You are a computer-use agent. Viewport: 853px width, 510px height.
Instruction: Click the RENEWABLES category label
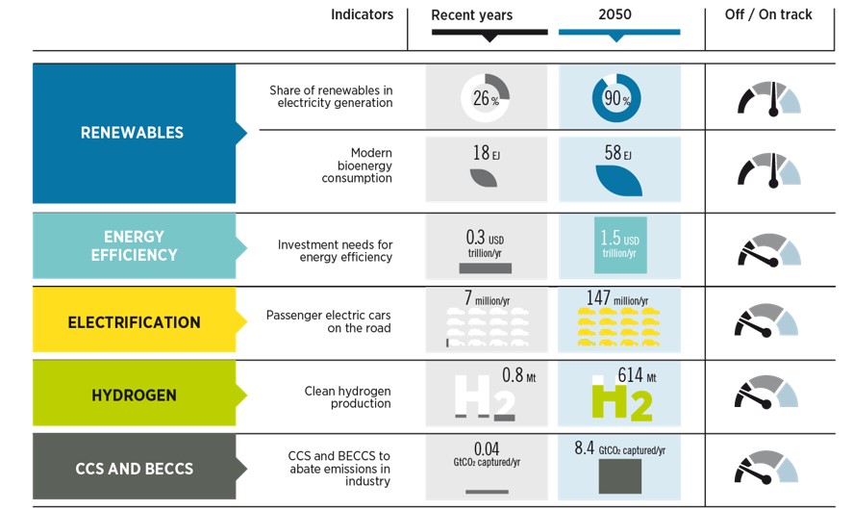[132, 133]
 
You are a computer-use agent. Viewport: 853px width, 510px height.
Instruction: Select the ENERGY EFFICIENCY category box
[134, 245]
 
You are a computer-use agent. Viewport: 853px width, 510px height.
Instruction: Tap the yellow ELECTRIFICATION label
[134, 322]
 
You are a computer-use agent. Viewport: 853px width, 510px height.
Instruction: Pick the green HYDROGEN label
[134, 395]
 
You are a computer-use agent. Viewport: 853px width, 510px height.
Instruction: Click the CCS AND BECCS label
[134, 469]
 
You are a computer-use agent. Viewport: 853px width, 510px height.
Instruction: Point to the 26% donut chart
[486, 98]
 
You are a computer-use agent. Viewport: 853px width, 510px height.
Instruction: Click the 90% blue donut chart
[616, 99]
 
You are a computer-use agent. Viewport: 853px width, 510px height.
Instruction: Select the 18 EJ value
[485, 153]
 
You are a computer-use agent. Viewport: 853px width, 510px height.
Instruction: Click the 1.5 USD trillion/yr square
[619, 244]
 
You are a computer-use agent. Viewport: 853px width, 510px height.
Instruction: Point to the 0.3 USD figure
[485, 238]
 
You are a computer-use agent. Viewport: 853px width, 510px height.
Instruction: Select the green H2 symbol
[619, 400]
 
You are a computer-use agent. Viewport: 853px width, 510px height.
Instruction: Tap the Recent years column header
[471, 15]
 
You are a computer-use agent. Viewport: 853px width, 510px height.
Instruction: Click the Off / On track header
[768, 15]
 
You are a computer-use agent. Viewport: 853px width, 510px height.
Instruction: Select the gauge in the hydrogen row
[767, 394]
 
